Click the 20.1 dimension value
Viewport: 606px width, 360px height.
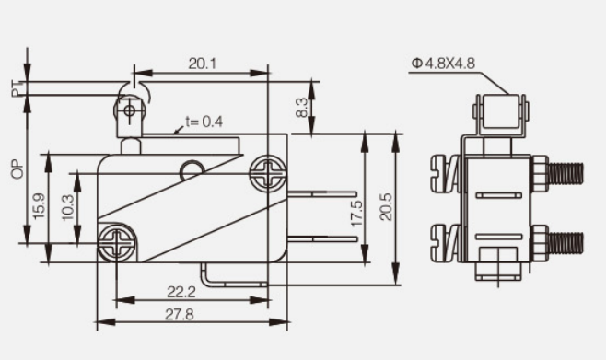[x=202, y=64]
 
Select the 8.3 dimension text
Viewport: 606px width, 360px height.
[x=302, y=108]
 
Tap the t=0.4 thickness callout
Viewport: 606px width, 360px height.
[x=204, y=122]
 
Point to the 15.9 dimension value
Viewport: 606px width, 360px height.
[x=39, y=206]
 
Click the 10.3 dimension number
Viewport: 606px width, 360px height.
[x=68, y=207]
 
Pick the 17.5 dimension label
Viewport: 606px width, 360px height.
[x=356, y=214]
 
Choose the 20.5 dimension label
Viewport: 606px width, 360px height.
[x=386, y=207]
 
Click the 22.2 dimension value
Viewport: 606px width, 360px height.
[x=181, y=292]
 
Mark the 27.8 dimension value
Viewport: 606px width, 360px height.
[x=180, y=315]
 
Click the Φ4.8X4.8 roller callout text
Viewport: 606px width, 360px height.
[x=443, y=63]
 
